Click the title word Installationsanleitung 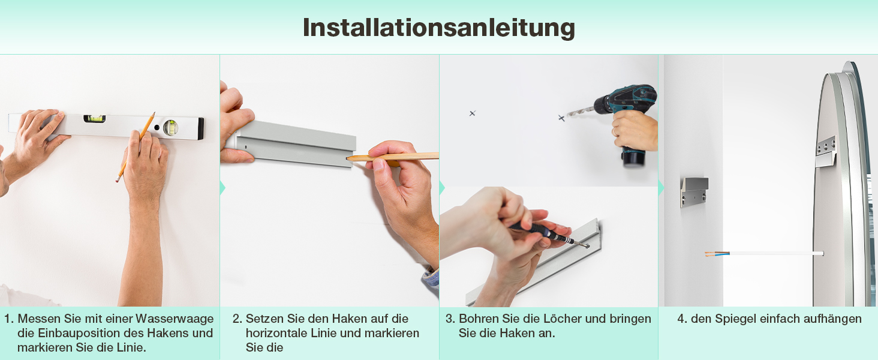coord(438,28)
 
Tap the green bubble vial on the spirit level coord(95,118)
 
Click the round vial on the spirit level coord(170,128)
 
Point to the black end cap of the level coord(200,128)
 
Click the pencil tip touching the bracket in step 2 coord(349,158)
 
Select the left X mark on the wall coord(473,113)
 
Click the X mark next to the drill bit coord(561,118)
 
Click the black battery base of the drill coord(633,157)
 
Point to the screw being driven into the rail coord(587,246)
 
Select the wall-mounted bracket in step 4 coord(694,192)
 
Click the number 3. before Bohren coord(450,319)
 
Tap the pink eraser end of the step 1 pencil coord(117,180)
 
